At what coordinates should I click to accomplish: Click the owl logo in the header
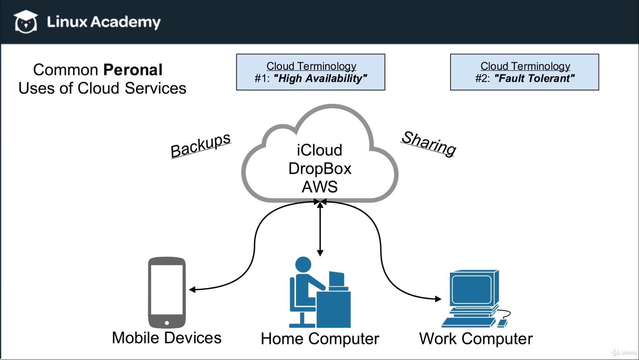[x=26, y=22]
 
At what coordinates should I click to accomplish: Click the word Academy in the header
[x=125, y=22]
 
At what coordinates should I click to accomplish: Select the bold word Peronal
[x=133, y=70]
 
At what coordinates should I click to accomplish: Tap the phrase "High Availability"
[x=320, y=79]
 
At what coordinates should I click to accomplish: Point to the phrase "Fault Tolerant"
[x=534, y=79]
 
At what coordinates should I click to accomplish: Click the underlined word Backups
[x=201, y=145]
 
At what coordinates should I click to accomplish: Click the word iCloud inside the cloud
[x=319, y=150]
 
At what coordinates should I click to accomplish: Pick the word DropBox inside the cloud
[x=320, y=169]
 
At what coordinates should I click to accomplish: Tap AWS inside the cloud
[x=320, y=187]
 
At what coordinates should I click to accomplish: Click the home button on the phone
[x=167, y=323]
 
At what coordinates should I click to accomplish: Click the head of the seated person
[x=303, y=265]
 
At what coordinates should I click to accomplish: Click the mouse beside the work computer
[x=502, y=323]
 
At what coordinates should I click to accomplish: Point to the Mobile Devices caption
[x=167, y=338]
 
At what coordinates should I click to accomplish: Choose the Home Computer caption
[x=320, y=339]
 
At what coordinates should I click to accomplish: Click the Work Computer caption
[x=476, y=339]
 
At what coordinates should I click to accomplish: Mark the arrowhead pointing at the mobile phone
[x=192, y=289]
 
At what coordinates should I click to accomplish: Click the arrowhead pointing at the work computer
[x=438, y=299]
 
